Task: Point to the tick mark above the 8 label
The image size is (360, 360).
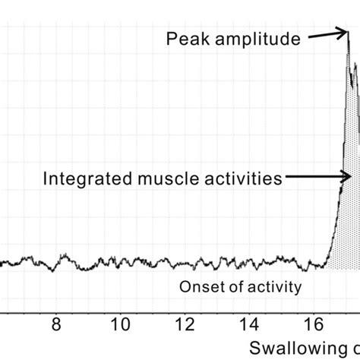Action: click(55, 309)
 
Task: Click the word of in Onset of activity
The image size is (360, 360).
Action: click(229, 287)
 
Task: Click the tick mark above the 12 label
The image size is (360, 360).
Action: click(184, 309)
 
